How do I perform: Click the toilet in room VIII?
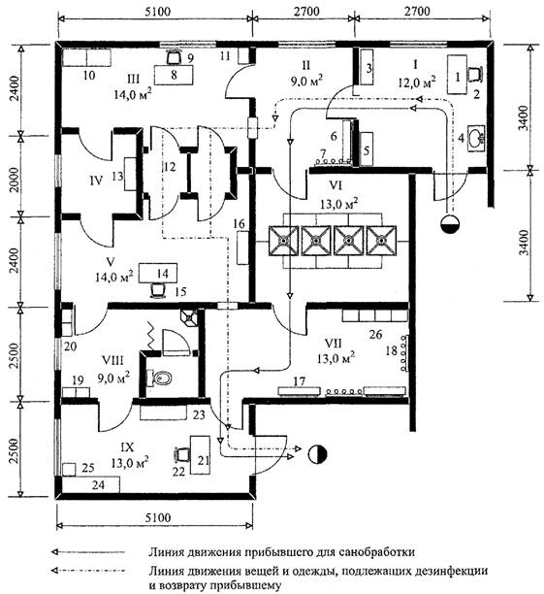tap(158, 378)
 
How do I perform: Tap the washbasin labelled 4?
tap(477, 138)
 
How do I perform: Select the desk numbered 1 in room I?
tap(458, 74)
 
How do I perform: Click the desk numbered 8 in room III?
tap(174, 75)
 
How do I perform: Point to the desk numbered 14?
tap(158, 273)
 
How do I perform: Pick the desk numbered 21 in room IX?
tap(200, 454)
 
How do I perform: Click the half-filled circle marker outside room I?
tap(450, 224)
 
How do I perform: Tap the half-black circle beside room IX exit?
tap(318, 454)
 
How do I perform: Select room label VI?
tap(336, 186)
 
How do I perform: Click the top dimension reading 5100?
tap(157, 12)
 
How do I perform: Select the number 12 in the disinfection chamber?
tap(170, 167)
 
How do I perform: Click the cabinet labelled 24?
tap(91, 484)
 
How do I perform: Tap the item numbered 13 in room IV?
tap(131, 175)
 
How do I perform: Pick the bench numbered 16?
tap(242, 248)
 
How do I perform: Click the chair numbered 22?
tap(182, 454)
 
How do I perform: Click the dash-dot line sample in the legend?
tap(88, 570)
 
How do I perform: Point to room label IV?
tap(97, 181)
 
